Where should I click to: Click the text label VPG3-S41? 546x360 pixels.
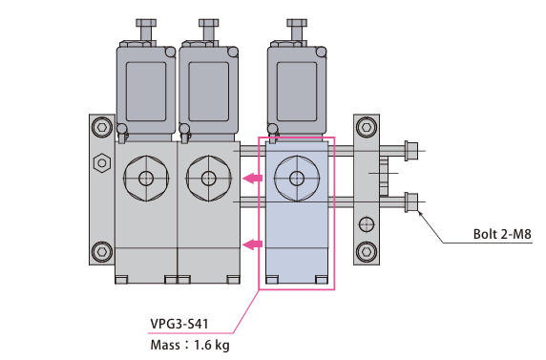(179, 324)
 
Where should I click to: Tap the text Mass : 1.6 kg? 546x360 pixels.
(190, 345)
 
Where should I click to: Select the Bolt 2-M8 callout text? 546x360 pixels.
(502, 234)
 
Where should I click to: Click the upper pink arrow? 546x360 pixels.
(252, 179)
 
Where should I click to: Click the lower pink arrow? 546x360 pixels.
(252, 244)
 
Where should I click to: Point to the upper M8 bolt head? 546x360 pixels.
(411, 151)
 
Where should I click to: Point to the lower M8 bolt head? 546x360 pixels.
(411, 201)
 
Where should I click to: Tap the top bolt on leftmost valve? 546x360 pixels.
(146, 31)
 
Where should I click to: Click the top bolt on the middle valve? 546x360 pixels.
(209, 31)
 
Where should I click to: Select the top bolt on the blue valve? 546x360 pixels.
(297, 31)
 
